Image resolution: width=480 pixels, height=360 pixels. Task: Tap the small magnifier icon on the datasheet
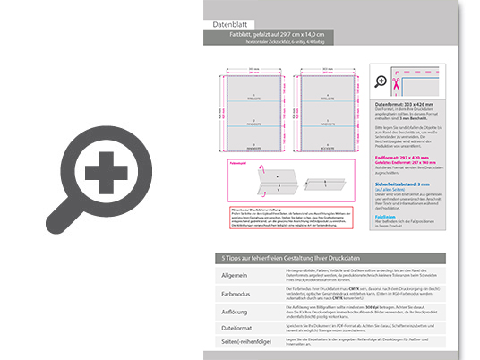pos(382,81)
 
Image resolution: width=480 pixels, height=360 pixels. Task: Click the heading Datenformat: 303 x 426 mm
pos(410,105)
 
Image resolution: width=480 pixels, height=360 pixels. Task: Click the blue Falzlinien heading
pos(386,215)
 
